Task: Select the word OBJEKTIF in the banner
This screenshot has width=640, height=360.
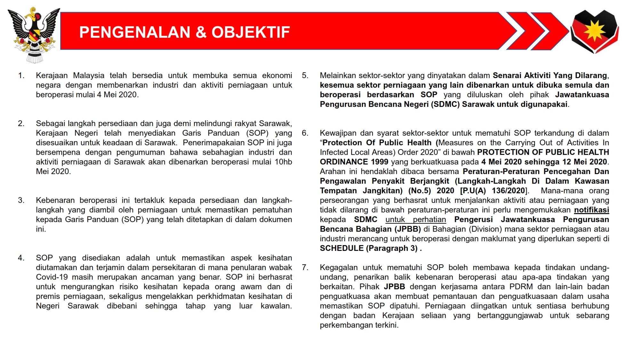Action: (251, 32)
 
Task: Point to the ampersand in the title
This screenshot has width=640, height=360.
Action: (201, 32)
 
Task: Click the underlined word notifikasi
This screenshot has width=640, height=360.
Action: (591, 210)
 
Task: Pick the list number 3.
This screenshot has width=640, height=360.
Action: (21, 200)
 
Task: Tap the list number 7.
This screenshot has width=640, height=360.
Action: (305, 268)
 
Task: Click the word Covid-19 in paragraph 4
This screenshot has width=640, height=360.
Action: (51, 277)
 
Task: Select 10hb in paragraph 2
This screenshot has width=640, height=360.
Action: (283, 162)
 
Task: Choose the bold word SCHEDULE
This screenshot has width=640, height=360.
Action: (341, 248)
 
